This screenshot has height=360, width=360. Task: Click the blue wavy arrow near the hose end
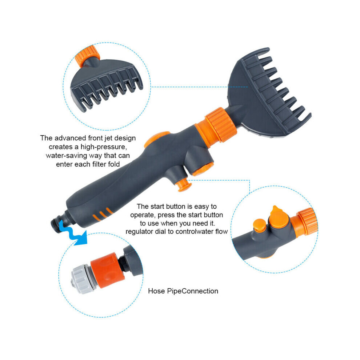click(x=73, y=233)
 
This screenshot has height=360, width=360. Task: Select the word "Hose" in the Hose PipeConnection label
click(x=156, y=291)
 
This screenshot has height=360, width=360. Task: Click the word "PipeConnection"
click(x=192, y=291)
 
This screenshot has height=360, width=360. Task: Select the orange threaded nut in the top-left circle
click(x=88, y=56)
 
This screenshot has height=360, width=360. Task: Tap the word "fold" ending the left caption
click(x=114, y=164)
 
